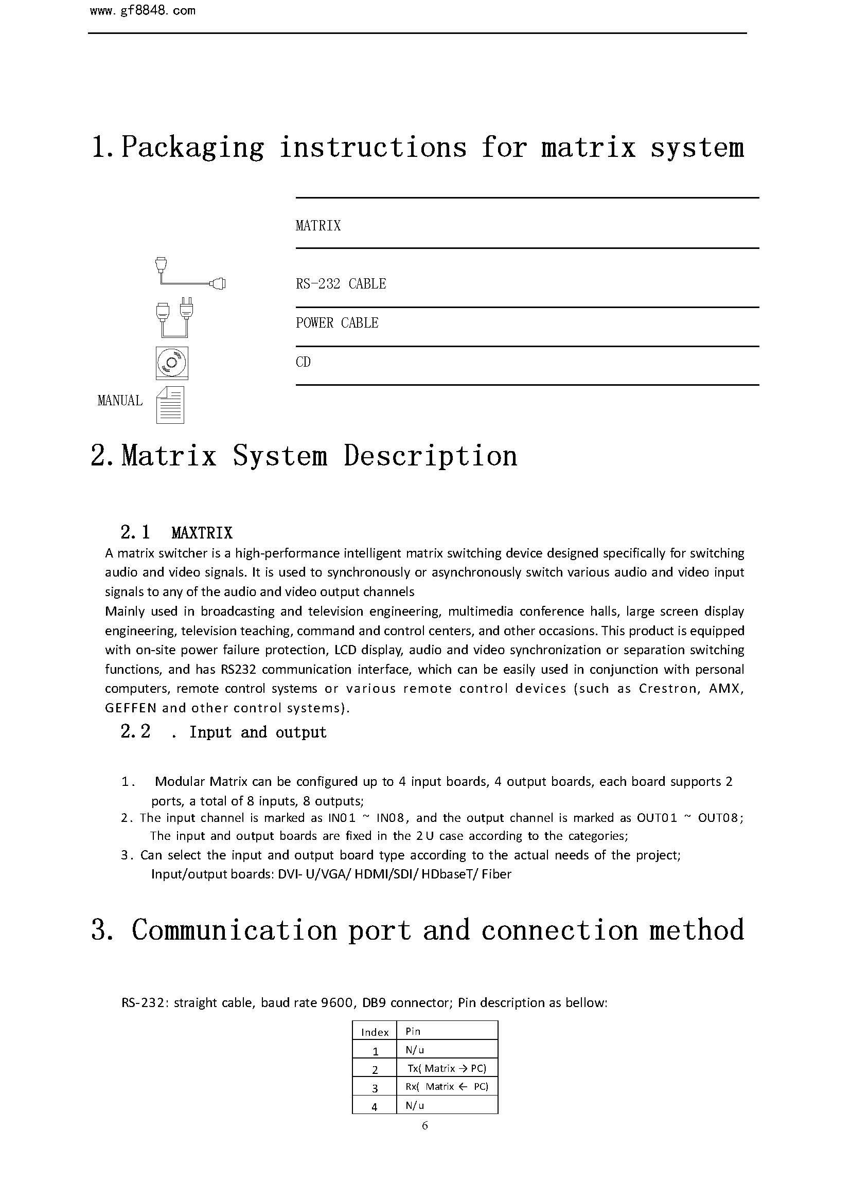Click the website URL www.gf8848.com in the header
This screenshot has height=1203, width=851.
tap(143, 11)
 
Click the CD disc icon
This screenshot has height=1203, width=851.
tap(172, 363)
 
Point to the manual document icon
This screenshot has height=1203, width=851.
tap(170, 405)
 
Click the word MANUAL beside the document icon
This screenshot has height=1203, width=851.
tap(120, 401)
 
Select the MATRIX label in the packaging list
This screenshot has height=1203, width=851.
tap(318, 226)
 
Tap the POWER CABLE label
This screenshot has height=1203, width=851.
tap(337, 323)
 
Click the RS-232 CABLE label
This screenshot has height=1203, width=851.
tap(341, 284)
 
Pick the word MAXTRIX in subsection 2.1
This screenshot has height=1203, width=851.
tap(202, 533)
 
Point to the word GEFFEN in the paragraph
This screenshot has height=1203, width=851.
tap(131, 708)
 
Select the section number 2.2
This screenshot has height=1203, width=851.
tap(135, 731)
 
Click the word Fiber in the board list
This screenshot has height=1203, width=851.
tap(496, 874)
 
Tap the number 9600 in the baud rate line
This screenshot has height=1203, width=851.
tap(336, 1002)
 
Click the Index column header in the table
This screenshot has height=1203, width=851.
tap(375, 1032)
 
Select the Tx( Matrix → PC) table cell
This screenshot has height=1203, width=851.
tap(447, 1068)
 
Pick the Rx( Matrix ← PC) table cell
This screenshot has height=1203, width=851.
tap(447, 1086)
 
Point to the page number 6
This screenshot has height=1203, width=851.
tap(424, 1125)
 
